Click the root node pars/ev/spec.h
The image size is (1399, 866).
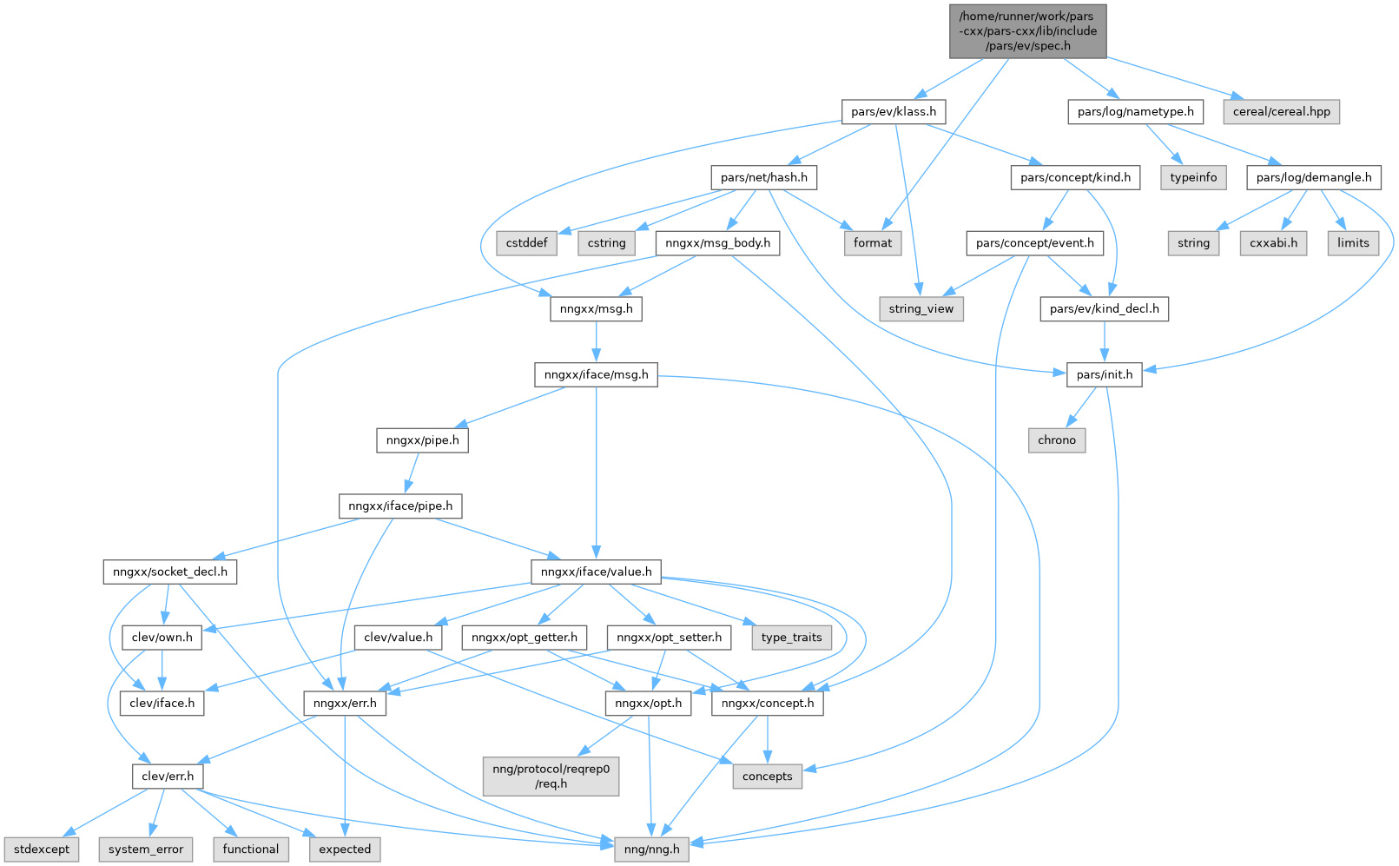pos(1027,31)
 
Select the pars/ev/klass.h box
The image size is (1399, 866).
pos(893,111)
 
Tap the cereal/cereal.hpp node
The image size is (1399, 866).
pos(1281,111)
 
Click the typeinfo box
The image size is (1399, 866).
pos(1193,177)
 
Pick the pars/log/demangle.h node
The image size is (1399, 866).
pos(1313,177)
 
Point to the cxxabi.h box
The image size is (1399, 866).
pos(1273,242)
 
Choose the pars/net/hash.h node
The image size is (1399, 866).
pos(763,177)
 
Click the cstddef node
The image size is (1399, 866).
pos(526,242)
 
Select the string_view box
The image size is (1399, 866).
pos(921,308)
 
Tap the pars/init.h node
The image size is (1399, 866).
pos(1104,374)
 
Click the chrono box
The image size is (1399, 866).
pos(1056,440)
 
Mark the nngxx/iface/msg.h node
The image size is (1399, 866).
pos(596,374)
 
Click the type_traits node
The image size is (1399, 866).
pos(791,637)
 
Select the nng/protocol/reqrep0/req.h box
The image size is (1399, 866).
pos(551,776)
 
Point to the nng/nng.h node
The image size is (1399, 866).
pos(651,849)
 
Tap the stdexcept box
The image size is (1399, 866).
pos(42,849)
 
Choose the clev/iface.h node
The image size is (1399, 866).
pos(162,703)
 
